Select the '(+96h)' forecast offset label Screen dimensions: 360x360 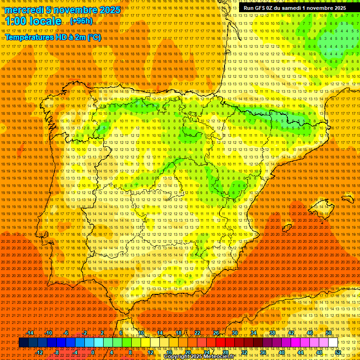(x=81, y=21)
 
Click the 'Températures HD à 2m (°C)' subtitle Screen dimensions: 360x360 (x=53, y=37)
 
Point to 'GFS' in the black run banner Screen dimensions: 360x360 (x=263, y=8)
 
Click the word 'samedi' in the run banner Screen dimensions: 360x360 (x=293, y=8)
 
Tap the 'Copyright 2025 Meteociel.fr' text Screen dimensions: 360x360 (x=205, y=357)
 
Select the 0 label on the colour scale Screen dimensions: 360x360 (x=93, y=352)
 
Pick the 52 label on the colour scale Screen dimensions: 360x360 (x=338, y=352)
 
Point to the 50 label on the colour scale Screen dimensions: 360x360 (x=329, y=333)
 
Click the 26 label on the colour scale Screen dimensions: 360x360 (x=216, y=333)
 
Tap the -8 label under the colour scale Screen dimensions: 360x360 (x=56, y=352)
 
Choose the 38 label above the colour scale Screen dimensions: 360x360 (x=272, y=333)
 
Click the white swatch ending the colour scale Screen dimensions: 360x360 (x=333, y=343)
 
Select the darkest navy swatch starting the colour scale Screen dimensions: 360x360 (x=23, y=343)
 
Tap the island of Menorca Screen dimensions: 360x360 (x=347, y=198)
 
